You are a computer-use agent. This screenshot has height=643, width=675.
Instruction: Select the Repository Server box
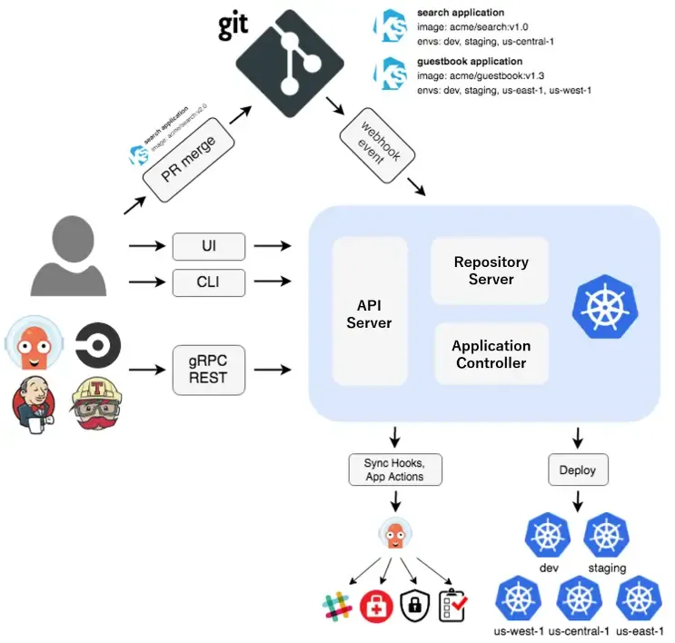click(x=491, y=271)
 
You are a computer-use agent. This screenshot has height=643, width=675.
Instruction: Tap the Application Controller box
click(x=491, y=354)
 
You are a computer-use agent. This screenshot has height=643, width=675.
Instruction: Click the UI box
click(x=209, y=246)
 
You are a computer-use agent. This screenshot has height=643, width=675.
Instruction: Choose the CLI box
click(x=209, y=283)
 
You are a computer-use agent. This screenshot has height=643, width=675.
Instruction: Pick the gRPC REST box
click(x=209, y=370)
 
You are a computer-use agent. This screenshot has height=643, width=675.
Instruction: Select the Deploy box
click(x=578, y=470)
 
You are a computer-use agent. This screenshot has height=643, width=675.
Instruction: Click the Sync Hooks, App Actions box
click(x=394, y=470)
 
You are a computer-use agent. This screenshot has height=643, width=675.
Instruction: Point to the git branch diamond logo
click(x=291, y=56)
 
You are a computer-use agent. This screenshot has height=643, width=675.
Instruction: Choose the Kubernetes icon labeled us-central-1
click(x=578, y=599)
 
